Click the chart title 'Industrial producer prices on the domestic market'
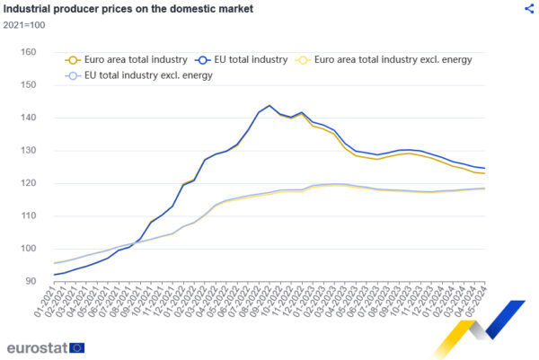[128, 9]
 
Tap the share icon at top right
[529, 8]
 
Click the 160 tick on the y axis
[27, 52]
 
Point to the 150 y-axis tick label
[27, 85]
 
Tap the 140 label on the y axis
[27, 118]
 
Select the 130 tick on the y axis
[27, 151]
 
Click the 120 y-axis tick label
[27, 183]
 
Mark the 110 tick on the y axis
[27, 216]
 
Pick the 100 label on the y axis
[27, 249]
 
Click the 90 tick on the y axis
[30, 282]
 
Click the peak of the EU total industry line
[269, 105]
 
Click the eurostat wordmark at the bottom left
[36, 347]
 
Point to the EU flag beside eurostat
[77, 347]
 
